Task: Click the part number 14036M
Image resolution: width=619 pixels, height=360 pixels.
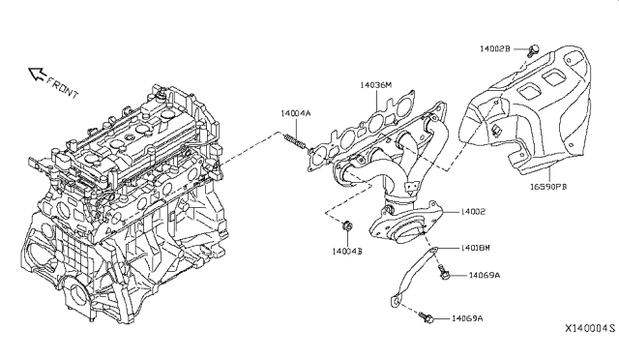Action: pos(375,85)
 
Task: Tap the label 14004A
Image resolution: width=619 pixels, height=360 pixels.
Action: pos(296,113)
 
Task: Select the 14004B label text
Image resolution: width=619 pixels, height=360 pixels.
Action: pos(347,251)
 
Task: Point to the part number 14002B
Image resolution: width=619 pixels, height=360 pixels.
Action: pos(495,48)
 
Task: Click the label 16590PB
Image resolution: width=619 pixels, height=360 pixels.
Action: pos(548,186)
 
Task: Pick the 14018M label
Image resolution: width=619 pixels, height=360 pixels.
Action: pos(475,248)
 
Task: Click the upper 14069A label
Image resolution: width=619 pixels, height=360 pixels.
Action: pos(485,275)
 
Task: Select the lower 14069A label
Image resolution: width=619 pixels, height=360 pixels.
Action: pos(467,318)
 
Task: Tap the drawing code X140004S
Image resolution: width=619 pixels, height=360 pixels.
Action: pos(590,328)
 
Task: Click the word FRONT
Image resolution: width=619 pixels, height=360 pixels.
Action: pos(62,87)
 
